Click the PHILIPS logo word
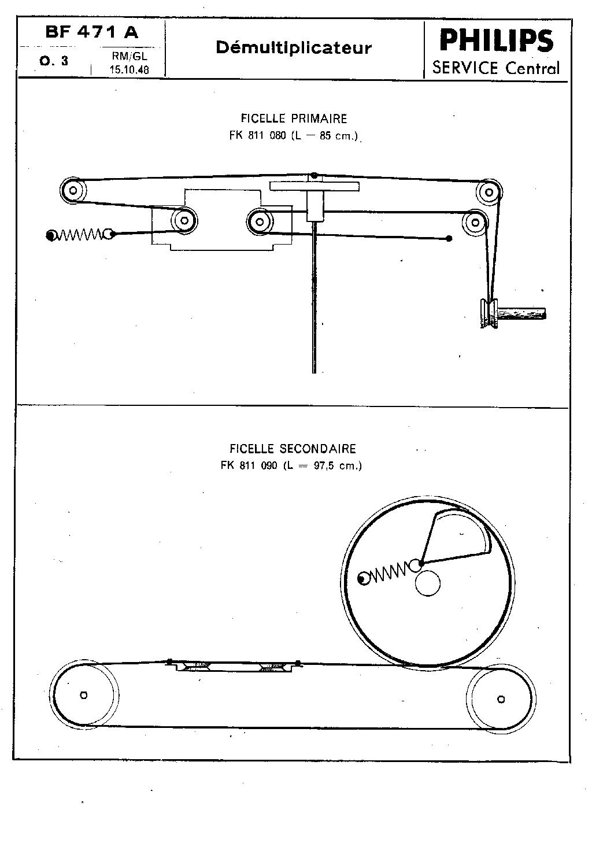tap(497, 40)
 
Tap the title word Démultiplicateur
tap(294, 48)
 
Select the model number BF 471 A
tap(92, 32)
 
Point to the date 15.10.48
tap(129, 69)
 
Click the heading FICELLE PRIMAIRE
tap(294, 119)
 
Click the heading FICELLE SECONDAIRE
tap(293, 449)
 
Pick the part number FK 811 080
tap(258, 135)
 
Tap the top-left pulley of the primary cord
tap(73, 190)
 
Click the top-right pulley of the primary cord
tap(489, 193)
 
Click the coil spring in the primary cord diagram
tap(80, 235)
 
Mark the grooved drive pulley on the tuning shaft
tap(489, 313)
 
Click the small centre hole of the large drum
tap(428, 584)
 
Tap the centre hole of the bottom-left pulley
tap(84, 695)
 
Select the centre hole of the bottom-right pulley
tap(501, 699)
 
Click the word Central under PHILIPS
tap(532, 68)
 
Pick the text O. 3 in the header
tap(54, 61)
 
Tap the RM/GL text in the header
tap(129, 57)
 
